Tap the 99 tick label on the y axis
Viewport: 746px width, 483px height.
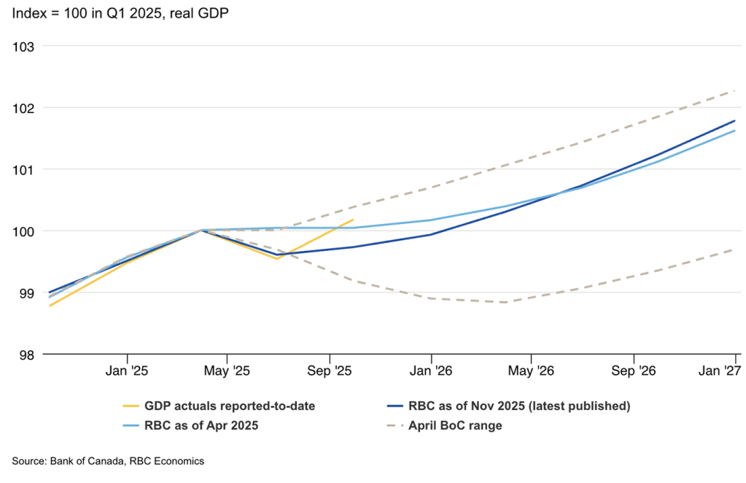[x=27, y=293]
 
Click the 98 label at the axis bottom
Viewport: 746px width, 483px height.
[x=27, y=355]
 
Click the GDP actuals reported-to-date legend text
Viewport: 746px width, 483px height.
[x=230, y=406]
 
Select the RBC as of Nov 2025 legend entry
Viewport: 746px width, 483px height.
[x=519, y=406]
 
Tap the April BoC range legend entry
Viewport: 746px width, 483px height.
[x=455, y=425]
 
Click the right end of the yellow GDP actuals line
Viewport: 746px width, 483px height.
[x=353, y=219]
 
